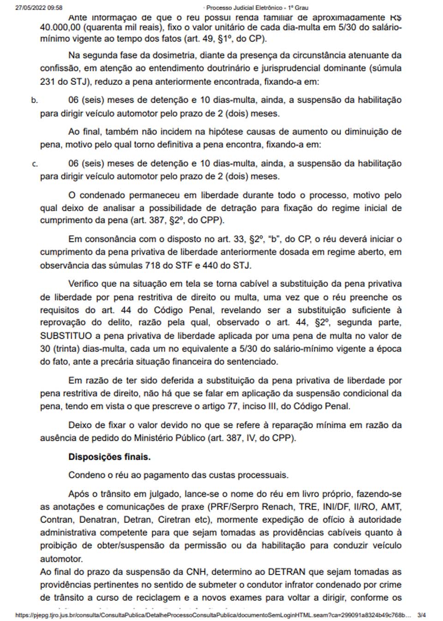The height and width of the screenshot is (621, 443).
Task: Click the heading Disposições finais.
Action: pyautogui.click(x=109, y=457)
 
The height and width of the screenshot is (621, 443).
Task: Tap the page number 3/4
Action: pyautogui.click(x=421, y=615)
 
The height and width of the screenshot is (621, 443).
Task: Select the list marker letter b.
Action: pyautogui.click(x=34, y=100)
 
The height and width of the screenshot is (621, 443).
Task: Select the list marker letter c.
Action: pyautogui.click(x=35, y=164)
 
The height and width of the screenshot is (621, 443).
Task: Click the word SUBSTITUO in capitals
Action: pyautogui.click(x=66, y=336)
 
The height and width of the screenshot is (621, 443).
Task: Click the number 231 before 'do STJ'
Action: pyautogui.click(x=48, y=82)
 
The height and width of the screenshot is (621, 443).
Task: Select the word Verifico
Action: pyautogui.click(x=86, y=284)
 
